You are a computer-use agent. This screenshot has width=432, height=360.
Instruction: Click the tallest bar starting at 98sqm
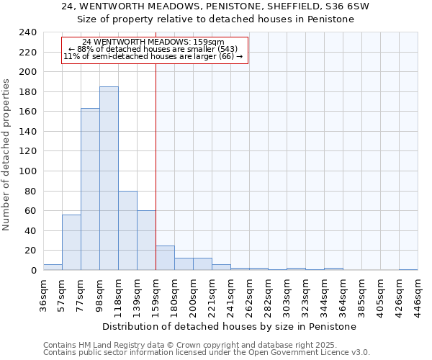coord(109,179)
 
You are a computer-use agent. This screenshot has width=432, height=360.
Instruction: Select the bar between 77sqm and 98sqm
coord(90,189)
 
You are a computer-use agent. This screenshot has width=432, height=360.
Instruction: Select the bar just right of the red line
coord(165,258)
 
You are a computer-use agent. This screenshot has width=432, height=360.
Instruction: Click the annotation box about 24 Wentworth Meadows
coord(154,50)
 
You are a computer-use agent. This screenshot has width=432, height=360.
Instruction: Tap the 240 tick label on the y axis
coord(27,32)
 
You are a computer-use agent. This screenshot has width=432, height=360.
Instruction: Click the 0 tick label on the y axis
coord(33,271)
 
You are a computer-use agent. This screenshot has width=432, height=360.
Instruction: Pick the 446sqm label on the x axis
coord(418,294)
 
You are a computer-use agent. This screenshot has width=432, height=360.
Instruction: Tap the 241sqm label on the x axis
coord(230,294)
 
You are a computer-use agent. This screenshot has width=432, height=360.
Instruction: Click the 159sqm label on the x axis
coord(156,294)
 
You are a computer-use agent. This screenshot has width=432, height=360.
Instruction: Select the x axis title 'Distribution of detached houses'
coord(230,326)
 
